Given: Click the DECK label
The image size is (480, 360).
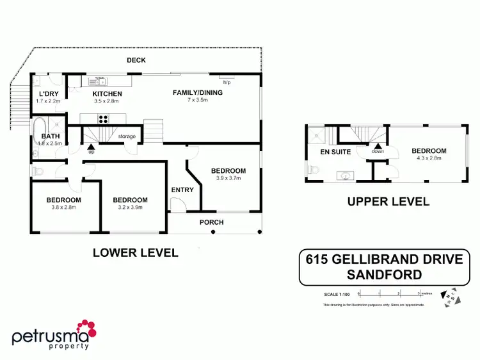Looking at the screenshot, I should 136,60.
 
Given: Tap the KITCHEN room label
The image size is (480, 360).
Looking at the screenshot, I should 107,94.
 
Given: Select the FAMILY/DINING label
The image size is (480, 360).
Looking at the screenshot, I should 198,93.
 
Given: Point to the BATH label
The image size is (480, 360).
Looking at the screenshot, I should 50,136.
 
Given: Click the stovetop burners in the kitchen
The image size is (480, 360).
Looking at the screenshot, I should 102,119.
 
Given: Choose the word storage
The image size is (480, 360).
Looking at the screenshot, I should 127,136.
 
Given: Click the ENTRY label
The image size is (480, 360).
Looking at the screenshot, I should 182,190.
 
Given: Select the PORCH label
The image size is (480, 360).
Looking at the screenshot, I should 211,223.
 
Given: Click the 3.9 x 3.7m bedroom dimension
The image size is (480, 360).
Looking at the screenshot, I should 228,177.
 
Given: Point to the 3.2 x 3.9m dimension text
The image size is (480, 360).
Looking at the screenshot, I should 130,207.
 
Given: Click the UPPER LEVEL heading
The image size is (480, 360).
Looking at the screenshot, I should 388,201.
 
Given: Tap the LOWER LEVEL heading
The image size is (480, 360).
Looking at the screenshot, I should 135,252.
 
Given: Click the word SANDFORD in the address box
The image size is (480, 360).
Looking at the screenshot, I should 384,275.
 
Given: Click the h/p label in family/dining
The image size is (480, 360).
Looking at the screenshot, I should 227,83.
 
